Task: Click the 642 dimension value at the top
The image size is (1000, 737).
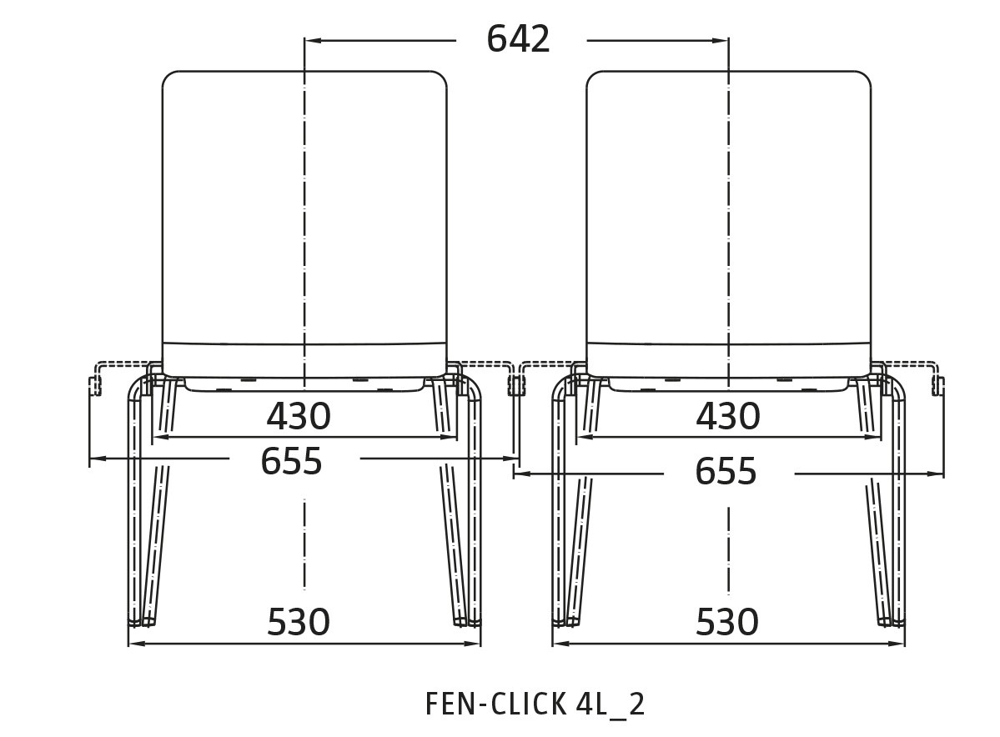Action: coord(518,39)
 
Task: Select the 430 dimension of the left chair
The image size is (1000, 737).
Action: coord(299,416)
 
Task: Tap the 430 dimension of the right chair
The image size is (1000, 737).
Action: coord(727,416)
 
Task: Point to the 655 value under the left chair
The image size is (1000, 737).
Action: coord(291,461)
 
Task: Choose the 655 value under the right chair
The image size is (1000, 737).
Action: coord(726,472)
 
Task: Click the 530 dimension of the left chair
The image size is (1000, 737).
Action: coord(299,622)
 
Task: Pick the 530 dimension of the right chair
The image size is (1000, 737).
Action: coord(727,622)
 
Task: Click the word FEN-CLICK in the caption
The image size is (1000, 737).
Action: coord(495,704)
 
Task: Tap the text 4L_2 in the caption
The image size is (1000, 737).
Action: coord(611,705)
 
